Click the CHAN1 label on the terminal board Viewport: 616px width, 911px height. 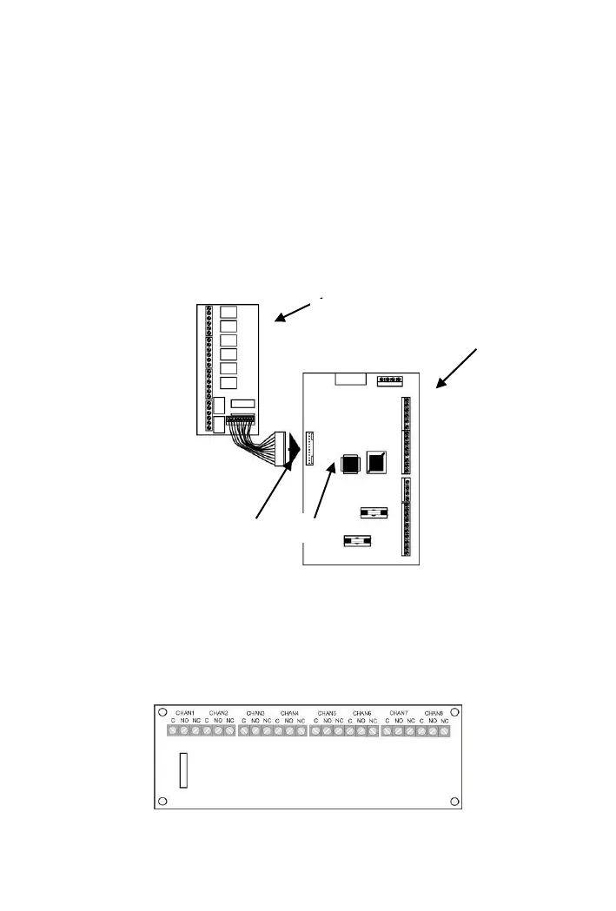coord(184,712)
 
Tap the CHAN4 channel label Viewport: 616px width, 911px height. coord(292,712)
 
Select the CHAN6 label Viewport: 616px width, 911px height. coord(363,712)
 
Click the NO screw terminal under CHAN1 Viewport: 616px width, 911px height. coord(184,731)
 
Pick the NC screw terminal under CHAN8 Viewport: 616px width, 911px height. coord(444,731)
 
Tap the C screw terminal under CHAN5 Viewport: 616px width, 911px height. coord(315,731)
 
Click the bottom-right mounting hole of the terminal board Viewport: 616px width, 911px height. coord(454,800)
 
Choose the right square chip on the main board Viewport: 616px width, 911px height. coord(377,461)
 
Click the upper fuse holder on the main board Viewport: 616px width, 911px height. coord(373,513)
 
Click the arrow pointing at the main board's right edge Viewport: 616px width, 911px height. coord(455,372)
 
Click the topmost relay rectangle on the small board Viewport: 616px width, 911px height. coord(229,314)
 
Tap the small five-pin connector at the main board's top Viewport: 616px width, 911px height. coord(391,380)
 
